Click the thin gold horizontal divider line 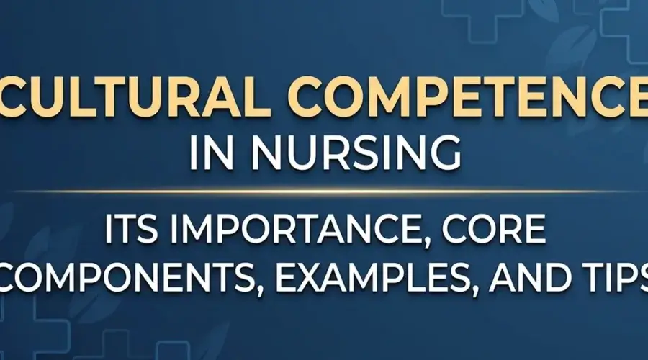coord(324,192)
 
